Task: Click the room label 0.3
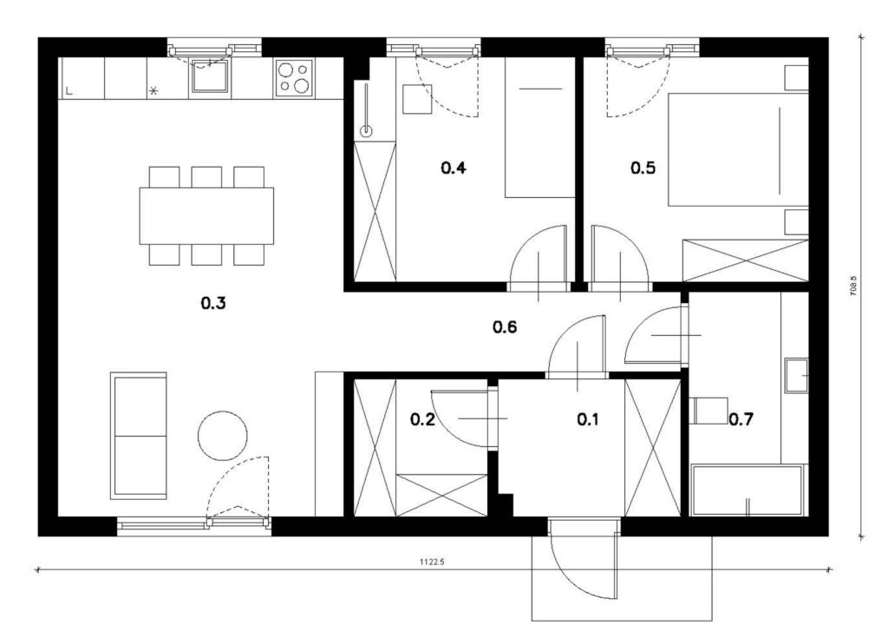pyautogui.click(x=213, y=304)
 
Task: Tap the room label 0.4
pyautogui.click(x=453, y=168)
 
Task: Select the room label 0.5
pyautogui.click(x=643, y=168)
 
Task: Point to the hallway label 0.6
pyautogui.click(x=505, y=327)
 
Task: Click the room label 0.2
pyautogui.click(x=422, y=419)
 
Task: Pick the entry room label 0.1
pyautogui.click(x=588, y=419)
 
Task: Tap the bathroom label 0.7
pyautogui.click(x=741, y=419)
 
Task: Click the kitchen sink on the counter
pyautogui.click(x=210, y=76)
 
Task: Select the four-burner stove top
pyautogui.click(x=294, y=77)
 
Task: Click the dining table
pyautogui.click(x=206, y=216)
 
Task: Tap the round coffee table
pyautogui.click(x=223, y=436)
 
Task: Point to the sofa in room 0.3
pyautogui.click(x=139, y=436)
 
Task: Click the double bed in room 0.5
pyautogui.click(x=738, y=149)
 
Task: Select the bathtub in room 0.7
pyautogui.click(x=748, y=490)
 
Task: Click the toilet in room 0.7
pyautogui.click(x=708, y=411)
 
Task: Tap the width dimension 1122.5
pyautogui.click(x=432, y=562)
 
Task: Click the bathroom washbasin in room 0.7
pyautogui.click(x=796, y=375)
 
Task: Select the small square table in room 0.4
pyautogui.click(x=417, y=99)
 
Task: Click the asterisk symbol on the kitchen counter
pyautogui.click(x=153, y=90)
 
